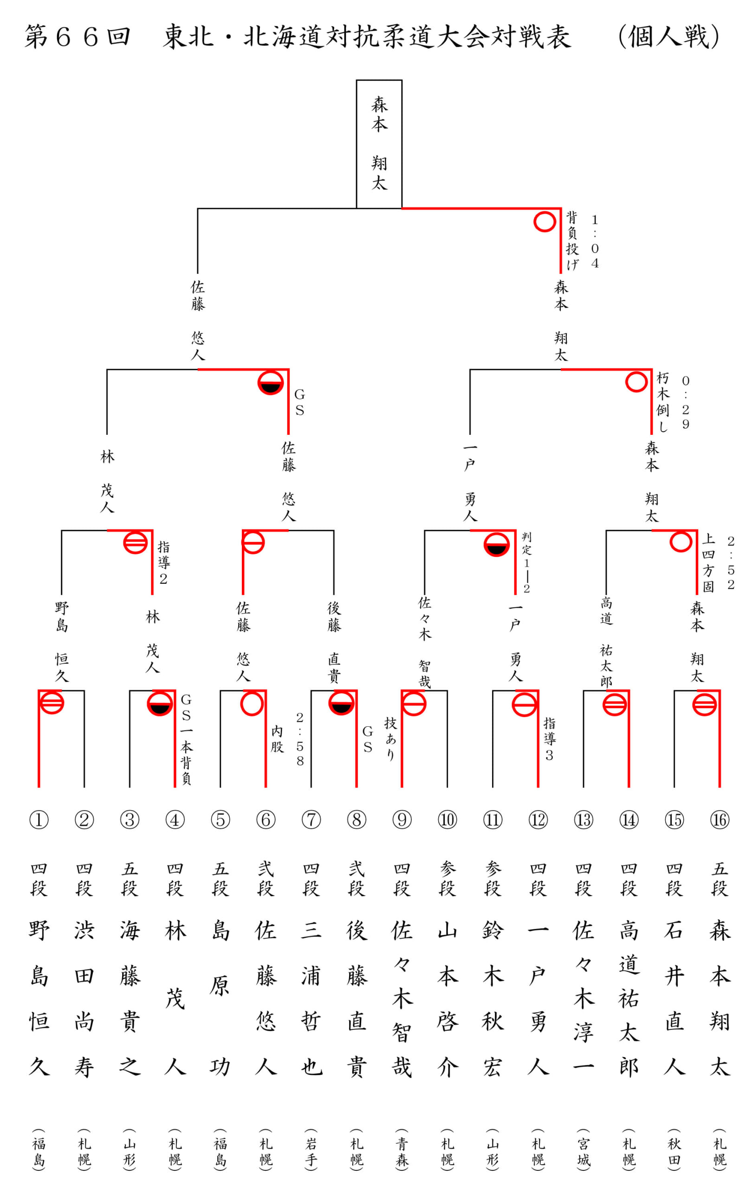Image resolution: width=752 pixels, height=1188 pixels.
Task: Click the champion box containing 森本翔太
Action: pyautogui.click(x=379, y=144)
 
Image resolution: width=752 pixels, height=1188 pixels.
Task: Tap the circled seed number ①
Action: pyautogui.click(x=39, y=820)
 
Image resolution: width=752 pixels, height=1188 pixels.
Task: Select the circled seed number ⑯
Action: pyautogui.click(x=720, y=820)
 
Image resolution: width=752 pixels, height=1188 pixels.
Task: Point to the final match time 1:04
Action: pyautogui.click(x=595, y=241)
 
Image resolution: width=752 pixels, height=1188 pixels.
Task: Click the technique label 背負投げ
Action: pyautogui.click(x=572, y=241)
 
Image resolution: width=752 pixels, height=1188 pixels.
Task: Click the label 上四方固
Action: pyautogui.click(x=708, y=562)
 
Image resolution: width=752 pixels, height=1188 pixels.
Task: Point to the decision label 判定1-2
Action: pyautogui.click(x=526, y=562)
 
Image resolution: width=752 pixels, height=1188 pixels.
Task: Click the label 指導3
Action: pyautogui.click(x=549, y=739)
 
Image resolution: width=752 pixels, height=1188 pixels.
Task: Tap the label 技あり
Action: pyautogui.click(x=390, y=738)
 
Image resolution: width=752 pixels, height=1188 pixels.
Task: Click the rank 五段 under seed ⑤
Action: pyautogui.click(x=220, y=878)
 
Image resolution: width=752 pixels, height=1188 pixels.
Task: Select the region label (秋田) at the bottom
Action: pyautogui.click(x=674, y=1147)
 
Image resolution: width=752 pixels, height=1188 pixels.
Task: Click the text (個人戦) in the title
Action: pyautogui.click(x=668, y=37)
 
